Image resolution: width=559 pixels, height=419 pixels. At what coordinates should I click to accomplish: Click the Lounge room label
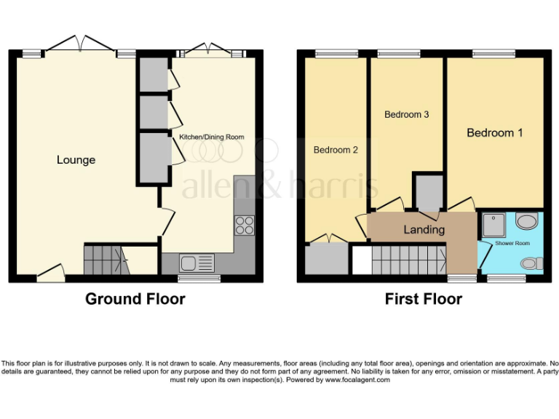[76, 159]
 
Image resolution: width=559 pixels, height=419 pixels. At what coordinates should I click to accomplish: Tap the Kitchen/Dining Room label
[212, 137]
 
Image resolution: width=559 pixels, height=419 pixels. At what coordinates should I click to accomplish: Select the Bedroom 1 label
[494, 133]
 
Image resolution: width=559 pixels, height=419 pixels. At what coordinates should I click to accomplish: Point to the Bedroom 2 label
[336, 150]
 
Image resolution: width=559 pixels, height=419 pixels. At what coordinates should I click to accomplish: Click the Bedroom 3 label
[406, 114]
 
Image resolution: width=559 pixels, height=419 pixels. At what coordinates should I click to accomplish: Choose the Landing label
[424, 229]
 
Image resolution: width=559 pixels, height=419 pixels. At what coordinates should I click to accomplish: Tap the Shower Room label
[512, 242]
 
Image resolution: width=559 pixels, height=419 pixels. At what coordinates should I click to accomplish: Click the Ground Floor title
[135, 298]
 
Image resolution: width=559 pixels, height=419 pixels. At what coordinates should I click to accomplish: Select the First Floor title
[424, 298]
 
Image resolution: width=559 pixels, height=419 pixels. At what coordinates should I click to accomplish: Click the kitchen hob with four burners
[244, 225]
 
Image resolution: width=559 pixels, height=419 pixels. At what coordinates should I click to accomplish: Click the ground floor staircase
[105, 260]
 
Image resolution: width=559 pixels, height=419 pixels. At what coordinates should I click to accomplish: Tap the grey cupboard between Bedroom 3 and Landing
[427, 191]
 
